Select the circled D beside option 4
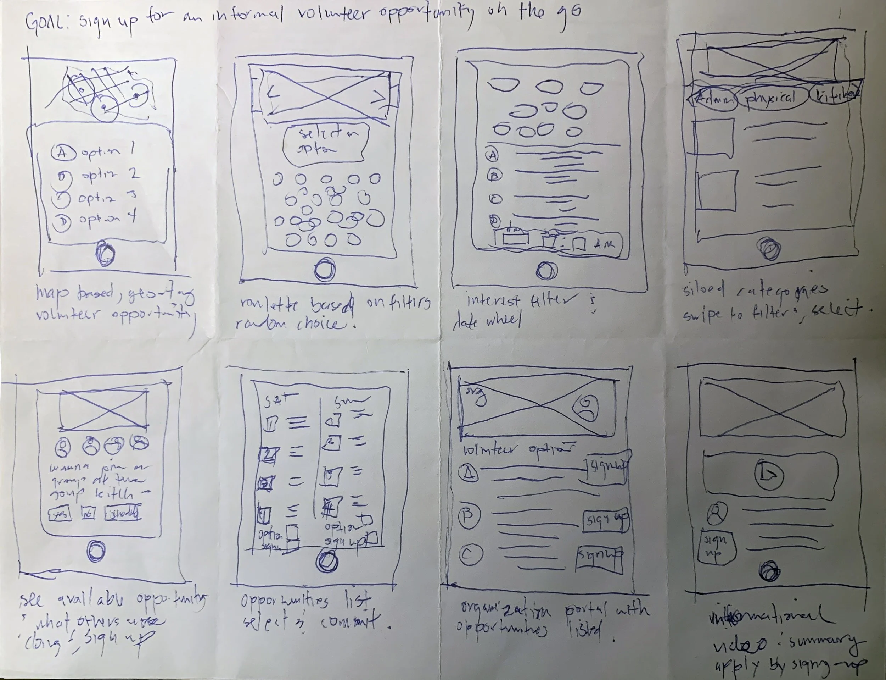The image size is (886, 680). pyautogui.click(x=63, y=221)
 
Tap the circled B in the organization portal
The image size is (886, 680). pyautogui.click(x=469, y=516)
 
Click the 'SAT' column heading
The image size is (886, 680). pyautogui.click(x=276, y=400)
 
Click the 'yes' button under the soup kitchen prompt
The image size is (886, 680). pyautogui.click(x=60, y=514)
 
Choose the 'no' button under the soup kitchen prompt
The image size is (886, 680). pyautogui.click(x=89, y=513)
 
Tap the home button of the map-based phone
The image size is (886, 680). pyautogui.click(x=106, y=253)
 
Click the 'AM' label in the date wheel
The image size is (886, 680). pyautogui.click(x=604, y=244)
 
